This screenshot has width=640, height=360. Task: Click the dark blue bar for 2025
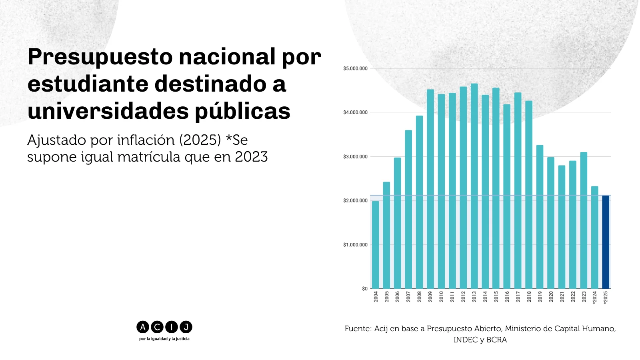click(606, 242)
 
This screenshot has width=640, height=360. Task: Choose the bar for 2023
click(584, 220)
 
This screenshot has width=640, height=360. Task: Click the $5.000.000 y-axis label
click(355, 68)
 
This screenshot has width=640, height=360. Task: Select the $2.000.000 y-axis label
click(355, 200)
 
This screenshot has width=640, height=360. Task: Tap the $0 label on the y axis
click(364, 288)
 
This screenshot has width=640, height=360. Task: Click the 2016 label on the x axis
click(507, 296)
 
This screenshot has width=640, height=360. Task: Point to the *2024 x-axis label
click(594, 298)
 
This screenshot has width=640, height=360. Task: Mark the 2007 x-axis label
click(408, 296)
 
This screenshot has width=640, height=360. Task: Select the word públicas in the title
click(242, 111)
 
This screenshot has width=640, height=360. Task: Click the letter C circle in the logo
click(157, 327)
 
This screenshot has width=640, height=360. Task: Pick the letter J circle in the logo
click(186, 327)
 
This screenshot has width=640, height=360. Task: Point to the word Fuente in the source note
click(358, 328)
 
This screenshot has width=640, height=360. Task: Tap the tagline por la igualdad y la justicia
click(164, 339)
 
